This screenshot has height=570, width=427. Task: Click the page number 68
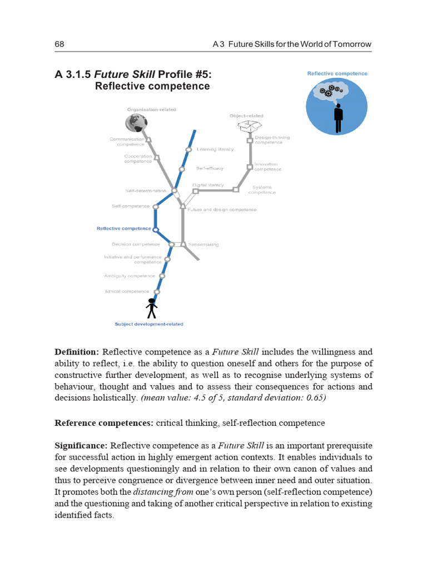(x=59, y=44)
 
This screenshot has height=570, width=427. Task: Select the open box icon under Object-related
(x=246, y=127)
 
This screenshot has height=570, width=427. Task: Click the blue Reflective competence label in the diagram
(x=123, y=228)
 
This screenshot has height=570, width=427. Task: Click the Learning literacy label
(x=215, y=149)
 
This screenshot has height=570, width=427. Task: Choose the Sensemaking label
(x=203, y=244)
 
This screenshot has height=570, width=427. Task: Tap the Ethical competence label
(x=127, y=291)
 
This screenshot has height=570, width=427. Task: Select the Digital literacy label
(x=208, y=185)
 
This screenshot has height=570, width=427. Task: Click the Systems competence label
(x=262, y=190)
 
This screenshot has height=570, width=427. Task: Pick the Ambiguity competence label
(x=130, y=276)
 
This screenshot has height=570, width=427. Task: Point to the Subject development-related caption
(x=148, y=324)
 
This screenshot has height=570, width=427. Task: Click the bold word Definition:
(x=77, y=352)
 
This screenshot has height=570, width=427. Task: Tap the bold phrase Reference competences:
(x=104, y=423)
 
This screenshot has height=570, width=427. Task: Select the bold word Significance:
(x=81, y=446)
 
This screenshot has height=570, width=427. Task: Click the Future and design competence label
(x=222, y=210)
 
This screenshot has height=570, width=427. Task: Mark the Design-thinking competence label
(x=272, y=140)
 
